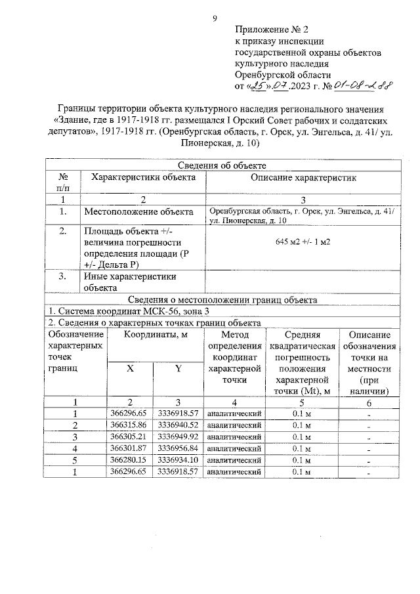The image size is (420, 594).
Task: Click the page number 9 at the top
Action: (214, 18)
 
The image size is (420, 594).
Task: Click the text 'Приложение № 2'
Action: (271, 30)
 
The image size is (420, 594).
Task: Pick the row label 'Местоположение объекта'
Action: (138, 212)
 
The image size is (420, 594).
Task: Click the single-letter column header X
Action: (130, 369)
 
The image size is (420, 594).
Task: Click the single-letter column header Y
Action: (178, 369)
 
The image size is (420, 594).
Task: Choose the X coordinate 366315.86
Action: (129, 425)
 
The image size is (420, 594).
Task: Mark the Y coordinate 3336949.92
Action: (178, 436)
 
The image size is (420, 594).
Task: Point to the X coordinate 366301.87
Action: (129, 448)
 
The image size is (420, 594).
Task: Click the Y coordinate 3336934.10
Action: (178, 460)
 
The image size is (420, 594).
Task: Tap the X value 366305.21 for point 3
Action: (129, 436)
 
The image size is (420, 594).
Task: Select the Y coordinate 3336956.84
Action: (178, 448)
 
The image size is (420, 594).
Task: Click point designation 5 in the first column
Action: (75, 460)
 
